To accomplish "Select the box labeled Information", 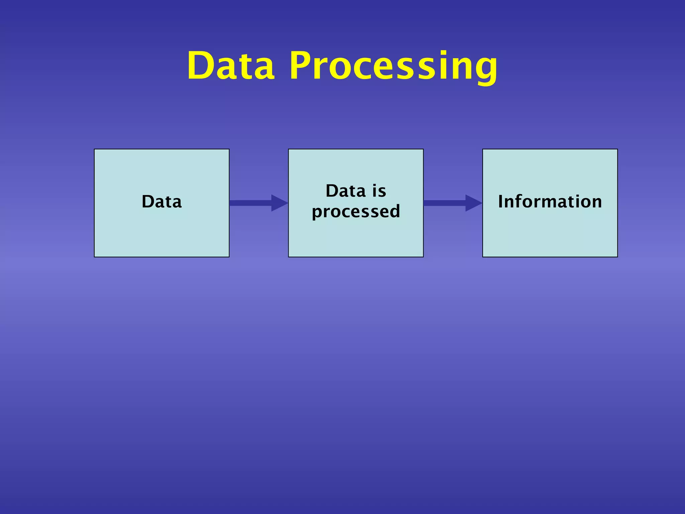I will click(550, 231).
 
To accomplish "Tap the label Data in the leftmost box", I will click(162, 201).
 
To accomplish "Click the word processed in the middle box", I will click(356, 211).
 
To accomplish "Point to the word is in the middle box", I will click(379, 191).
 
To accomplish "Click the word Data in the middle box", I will click(346, 191).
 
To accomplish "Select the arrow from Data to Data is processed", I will click(254, 203).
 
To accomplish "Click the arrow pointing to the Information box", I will click(448, 203).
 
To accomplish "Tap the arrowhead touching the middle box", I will click(279, 203).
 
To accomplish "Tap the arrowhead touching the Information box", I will click(473, 203).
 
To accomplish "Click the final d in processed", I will click(394, 211).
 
